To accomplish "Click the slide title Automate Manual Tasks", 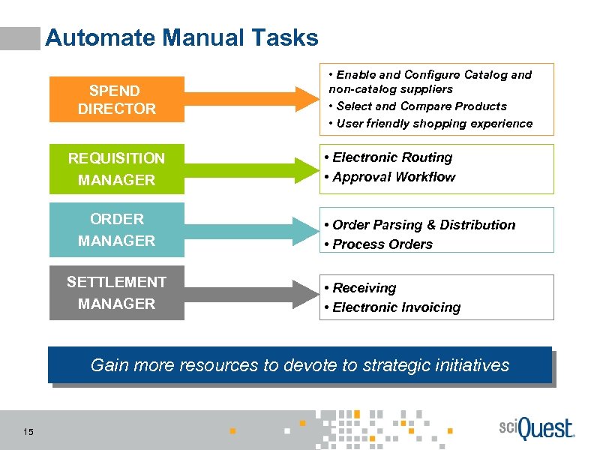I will click(x=181, y=37).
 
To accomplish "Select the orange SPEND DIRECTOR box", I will click(x=116, y=100).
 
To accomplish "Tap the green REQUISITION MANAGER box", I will click(x=116, y=169).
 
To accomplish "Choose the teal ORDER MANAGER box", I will click(x=116, y=229).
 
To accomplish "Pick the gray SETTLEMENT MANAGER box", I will click(x=116, y=292).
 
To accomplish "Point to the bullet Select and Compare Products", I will click(x=421, y=106).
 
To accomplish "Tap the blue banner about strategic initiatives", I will click(x=300, y=365).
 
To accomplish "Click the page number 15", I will click(x=28, y=431).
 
